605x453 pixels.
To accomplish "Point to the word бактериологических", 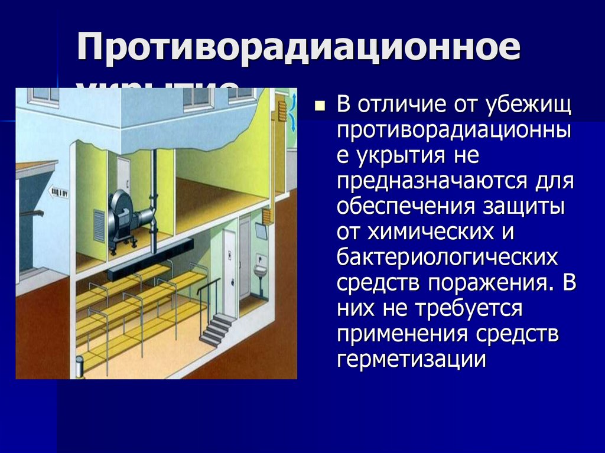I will click(x=447, y=257).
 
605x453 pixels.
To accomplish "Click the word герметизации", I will click(x=411, y=359).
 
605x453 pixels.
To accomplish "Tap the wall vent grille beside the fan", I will click(x=99, y=226).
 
